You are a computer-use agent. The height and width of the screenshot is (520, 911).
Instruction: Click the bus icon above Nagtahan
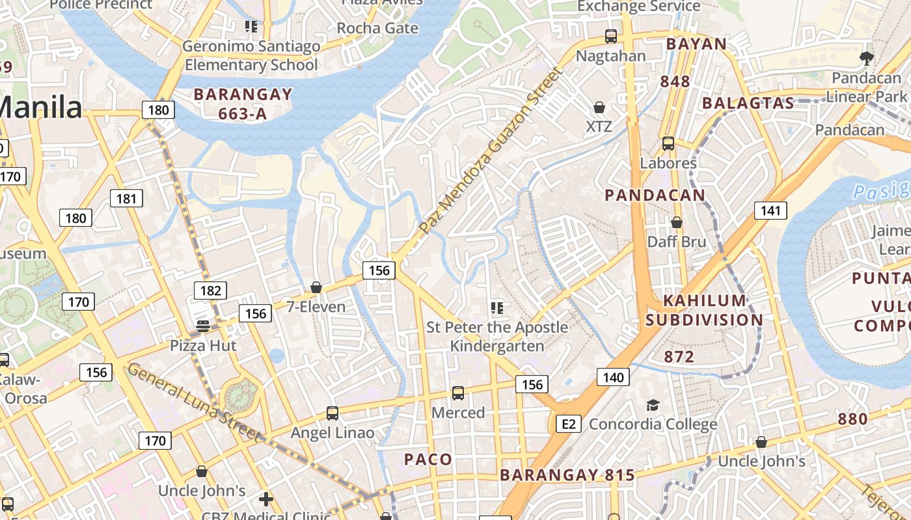pos(610,36)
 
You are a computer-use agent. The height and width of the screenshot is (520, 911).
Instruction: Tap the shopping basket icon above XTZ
pos(599,107)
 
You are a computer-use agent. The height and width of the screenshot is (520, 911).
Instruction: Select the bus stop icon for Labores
pos(668,144)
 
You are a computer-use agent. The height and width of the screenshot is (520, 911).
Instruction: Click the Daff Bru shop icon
pos(677,222)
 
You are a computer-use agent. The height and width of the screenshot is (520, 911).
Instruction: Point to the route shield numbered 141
pos(770,210)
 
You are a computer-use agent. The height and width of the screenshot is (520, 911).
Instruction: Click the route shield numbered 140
pos(613,377)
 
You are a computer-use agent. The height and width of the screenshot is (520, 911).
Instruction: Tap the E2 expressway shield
pos(569,424)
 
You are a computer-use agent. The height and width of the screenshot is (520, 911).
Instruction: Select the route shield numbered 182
pos(210,291)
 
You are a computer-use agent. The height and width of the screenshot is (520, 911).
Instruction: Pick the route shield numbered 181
pos(126,198)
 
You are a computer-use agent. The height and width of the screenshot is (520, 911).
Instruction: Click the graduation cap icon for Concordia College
pos(652,406)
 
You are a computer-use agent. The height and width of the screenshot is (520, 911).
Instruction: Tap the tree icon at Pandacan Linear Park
pos(866,58)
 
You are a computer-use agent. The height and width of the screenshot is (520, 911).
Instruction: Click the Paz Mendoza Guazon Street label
pos(489,151)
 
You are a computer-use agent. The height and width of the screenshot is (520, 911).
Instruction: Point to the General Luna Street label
pos(195,403)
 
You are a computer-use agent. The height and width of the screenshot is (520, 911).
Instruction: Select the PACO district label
pos(428,460)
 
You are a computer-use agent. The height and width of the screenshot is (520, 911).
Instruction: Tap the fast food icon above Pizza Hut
pos(203,326)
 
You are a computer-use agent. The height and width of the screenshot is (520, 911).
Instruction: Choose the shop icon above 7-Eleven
pos(316,287)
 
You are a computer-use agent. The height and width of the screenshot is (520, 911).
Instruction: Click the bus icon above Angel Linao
pos(332,413)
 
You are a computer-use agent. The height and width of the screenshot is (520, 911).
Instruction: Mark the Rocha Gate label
pos(377,28)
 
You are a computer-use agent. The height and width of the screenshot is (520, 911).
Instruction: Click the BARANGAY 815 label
pos(567,475)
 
